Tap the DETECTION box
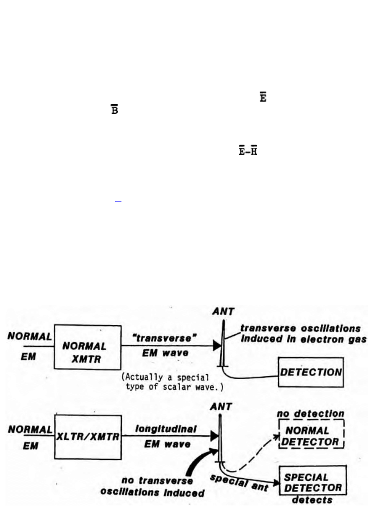[x=311, y=372]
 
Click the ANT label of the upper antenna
[x=223, y=312]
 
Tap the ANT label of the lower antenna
[x=222, y=405]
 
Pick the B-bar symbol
[x=114, y=111]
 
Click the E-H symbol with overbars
[x=248, y=152]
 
